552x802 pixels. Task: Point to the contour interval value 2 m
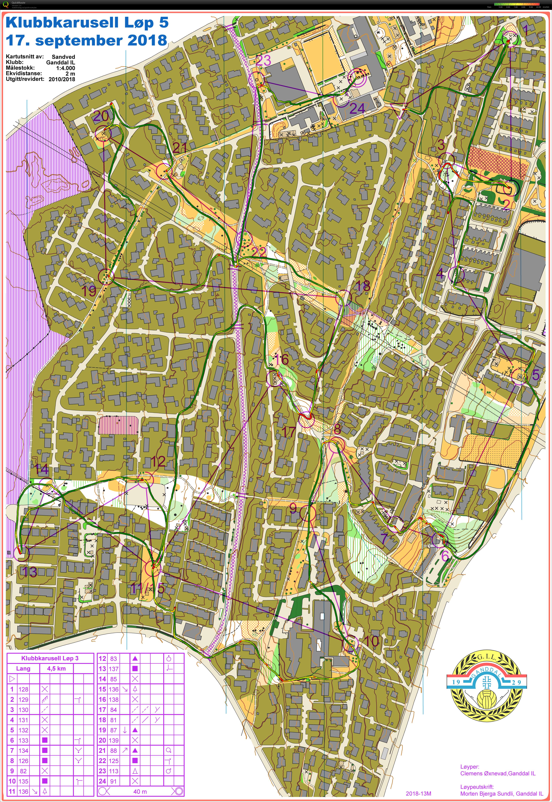tap(70, 73)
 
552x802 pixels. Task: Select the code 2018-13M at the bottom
tap(419, 794)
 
